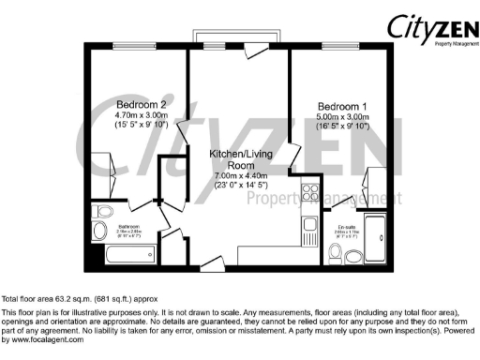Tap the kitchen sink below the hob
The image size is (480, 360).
click(x=309, y=225)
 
